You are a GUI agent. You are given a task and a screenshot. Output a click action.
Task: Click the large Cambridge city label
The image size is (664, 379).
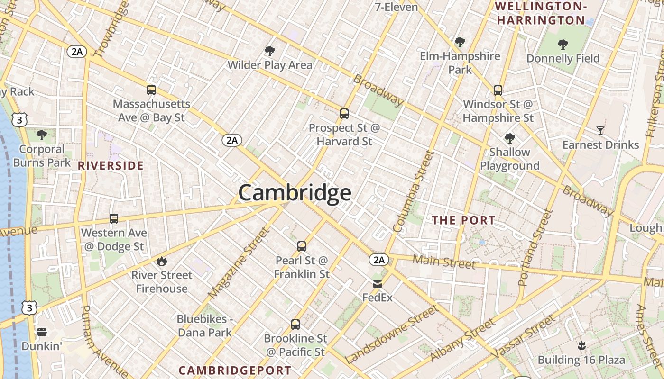pos(295,193)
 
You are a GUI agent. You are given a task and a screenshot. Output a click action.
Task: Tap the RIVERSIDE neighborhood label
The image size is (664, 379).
pos(111,165)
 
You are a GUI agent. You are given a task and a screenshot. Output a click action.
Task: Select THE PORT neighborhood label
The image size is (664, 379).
pos(463,220)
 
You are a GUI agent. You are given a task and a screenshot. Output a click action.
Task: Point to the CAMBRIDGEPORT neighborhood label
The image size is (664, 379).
pos(235,370)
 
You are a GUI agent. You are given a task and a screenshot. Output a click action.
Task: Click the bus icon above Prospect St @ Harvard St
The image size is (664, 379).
pos(344,114)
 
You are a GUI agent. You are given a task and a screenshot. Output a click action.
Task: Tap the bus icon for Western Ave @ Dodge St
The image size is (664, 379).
pos(114,219)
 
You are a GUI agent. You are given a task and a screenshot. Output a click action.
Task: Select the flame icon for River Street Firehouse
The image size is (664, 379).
pos(162,261)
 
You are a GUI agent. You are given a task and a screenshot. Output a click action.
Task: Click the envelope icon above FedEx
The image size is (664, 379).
pos(378,284)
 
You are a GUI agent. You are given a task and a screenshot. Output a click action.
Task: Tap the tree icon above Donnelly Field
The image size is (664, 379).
pos(563,45)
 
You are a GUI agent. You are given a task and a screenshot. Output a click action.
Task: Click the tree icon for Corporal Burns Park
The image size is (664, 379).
pos(42,135)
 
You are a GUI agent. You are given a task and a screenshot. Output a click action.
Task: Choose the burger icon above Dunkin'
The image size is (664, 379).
pos(42,332)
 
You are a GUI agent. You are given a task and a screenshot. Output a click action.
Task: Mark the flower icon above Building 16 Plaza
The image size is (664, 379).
pos(581,346)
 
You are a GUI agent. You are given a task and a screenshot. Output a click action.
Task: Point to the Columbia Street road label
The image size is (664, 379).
pos(414,191)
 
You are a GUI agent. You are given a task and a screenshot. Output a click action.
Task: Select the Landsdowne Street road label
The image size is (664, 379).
pos(391,334)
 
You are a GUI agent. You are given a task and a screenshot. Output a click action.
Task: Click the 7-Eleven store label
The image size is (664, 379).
pos(396,7)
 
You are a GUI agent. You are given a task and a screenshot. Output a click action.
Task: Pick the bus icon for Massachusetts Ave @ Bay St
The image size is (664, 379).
pos(151,90)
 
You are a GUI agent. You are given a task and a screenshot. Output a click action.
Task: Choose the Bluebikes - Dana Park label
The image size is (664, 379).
pos(205,325)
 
